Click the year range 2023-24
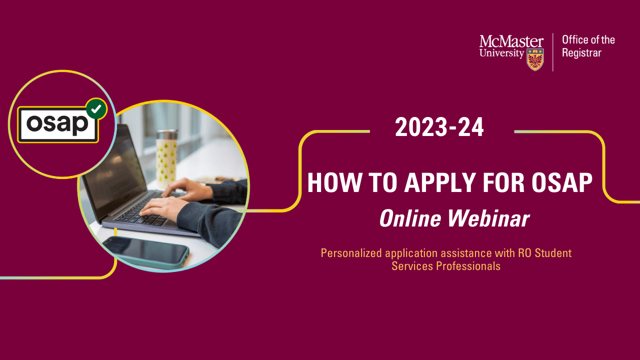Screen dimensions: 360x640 coord(439,128)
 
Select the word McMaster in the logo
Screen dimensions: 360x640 coord(511,41)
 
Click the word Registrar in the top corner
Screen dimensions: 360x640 coord(581,53)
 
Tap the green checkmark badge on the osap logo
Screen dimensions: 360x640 coord(96,108)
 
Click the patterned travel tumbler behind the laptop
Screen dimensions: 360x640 coord(166,155)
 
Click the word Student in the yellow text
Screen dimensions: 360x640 coord(553,253)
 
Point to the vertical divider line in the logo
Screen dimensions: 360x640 coord(553,52)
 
